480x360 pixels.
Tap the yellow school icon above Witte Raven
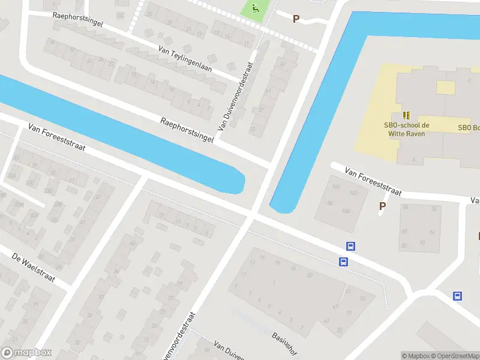(406, 115)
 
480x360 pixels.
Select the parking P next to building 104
(382, 206)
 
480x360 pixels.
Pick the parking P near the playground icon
(295, 19)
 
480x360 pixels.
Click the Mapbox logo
(26, 353)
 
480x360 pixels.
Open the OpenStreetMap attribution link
(454, 356)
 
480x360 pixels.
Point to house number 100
(335, 188)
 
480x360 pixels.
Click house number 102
(353, 193)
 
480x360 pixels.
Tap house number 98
(329, 203)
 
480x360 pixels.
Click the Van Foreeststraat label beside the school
(373, 181)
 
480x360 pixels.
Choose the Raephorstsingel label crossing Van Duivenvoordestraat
(187, 130)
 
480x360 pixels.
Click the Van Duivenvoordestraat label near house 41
(235, 98)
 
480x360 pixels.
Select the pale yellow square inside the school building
(446, 88)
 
